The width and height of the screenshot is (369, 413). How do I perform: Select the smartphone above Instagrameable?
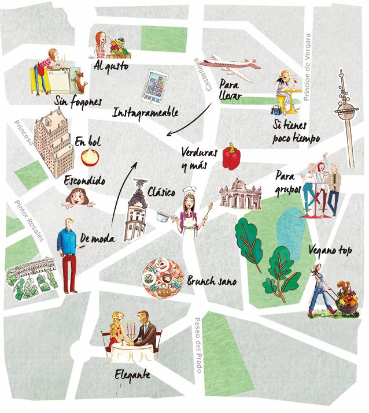pyautogui.click(x=156, y=86)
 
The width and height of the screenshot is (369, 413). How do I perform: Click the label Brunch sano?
pyautogui.click(x=212, y=281)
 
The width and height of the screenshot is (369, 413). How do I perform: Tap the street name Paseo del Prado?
pyautogui.click(x=198, y=344)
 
